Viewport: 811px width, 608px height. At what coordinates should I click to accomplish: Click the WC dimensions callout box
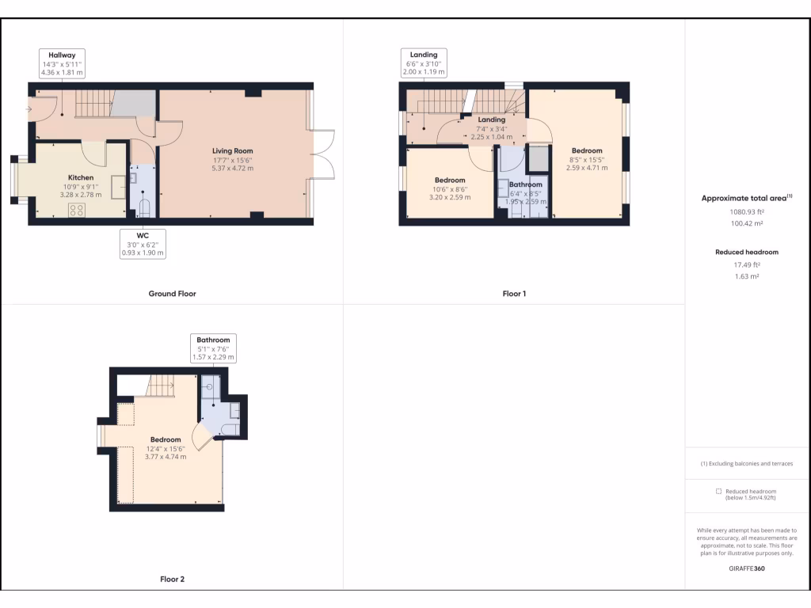click(x=143, y=243)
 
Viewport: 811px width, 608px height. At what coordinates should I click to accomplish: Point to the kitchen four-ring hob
click(x=78, y=210)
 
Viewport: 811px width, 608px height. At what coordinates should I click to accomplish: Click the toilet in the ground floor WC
click(x=143, y=208)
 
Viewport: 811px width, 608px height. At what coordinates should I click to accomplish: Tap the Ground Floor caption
click(x=172, y=294)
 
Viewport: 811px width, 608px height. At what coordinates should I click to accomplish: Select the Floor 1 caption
click(x=514, y=294)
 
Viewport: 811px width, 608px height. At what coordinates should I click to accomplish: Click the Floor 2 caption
click(x=172, y=579)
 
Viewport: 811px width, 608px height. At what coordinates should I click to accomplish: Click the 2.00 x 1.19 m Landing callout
click(x=424, y=63)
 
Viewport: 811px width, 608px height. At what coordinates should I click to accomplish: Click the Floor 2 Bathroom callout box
click(x=210, y=348)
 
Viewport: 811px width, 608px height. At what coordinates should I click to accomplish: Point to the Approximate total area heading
click(x=747, y=199)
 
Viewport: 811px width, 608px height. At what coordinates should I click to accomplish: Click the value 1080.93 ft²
click(x=747, y=212)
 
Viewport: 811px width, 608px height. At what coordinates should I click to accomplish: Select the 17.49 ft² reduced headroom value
click(x=747, y=265)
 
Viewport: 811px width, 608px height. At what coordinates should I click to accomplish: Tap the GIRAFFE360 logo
click(x=747, y=568)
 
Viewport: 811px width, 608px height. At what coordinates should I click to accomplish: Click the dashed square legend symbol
click(x=718, y=492)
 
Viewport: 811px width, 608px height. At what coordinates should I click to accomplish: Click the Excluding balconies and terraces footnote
click(x=747, y=463)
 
